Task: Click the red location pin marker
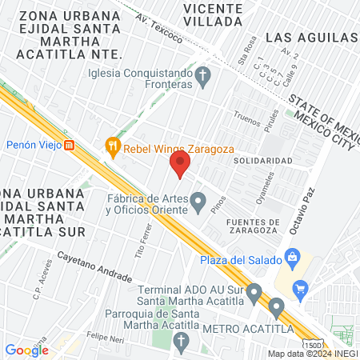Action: click(180, 165)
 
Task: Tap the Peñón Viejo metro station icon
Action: click(70, 146)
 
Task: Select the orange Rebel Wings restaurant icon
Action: click(112, 146)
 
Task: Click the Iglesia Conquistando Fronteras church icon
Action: click(203, 78)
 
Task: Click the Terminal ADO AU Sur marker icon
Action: click(254, 294)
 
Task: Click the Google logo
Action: click(26, 350)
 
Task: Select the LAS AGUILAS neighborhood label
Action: click(311, 38)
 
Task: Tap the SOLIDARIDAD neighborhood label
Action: click(262, 161)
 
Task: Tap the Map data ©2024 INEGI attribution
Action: click(312, 354)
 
